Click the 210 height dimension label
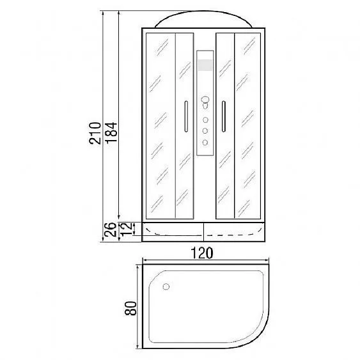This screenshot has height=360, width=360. pos(95,133)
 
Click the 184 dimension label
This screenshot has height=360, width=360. pos(111,133)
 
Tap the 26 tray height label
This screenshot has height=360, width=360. pos(110,230)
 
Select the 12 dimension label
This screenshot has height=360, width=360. pos(127,230)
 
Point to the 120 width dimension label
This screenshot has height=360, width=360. pos(202,253)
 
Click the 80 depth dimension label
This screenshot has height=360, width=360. pos(130,308)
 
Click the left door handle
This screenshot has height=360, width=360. pos(186,116)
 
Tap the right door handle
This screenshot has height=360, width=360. pos(224,116)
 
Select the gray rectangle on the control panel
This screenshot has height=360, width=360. pos(205,65)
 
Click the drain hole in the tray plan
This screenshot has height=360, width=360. pos(166,286)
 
